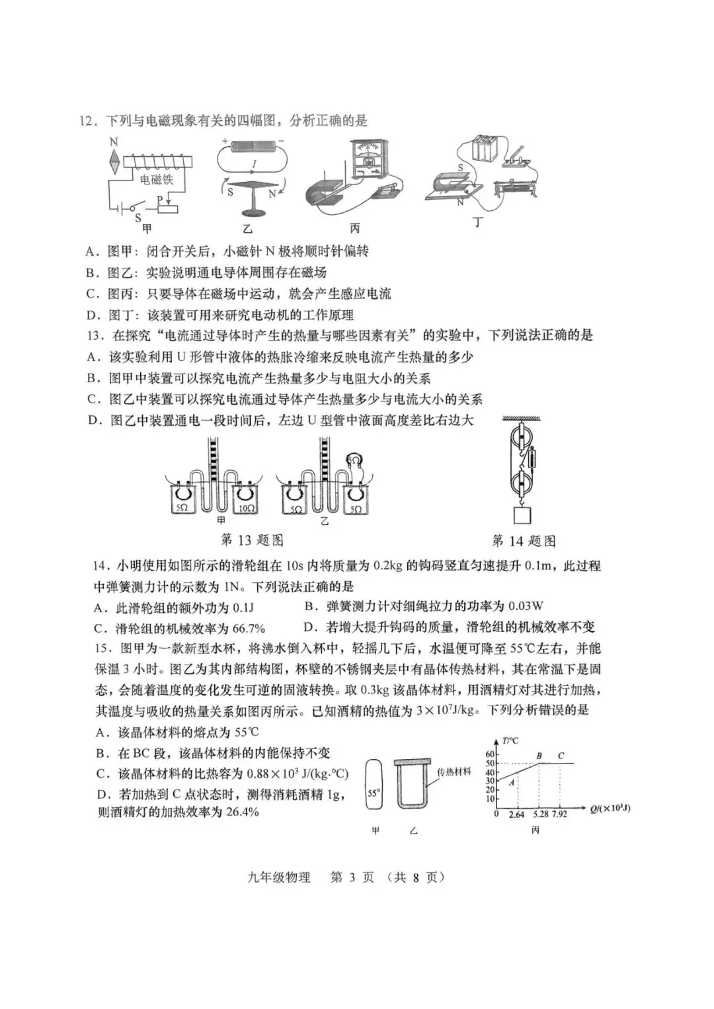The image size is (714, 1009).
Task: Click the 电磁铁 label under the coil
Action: click(x=156, y=179)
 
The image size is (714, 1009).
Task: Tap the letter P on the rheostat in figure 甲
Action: click(x=159, y=200)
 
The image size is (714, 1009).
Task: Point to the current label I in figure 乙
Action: click(x=255, y=163)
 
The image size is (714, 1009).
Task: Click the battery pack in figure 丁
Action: click(x=484, y=148)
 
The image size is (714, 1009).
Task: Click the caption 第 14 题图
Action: click(x=524, y=541)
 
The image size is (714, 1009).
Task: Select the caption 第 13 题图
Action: click(x=252, y=540)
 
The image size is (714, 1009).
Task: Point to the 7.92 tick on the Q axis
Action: click(x=559, y=814)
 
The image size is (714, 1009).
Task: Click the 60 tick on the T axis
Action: click(x=490, y=754)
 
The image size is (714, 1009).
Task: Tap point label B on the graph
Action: click(x=539, y=756)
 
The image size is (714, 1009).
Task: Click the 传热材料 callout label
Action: click(x=454, y=772)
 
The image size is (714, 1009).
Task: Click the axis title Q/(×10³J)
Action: click(x=610, y=809)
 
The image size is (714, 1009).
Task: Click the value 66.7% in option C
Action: click(x=246, y=627)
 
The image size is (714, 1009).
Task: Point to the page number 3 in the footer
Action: click(x=352, y=877)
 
